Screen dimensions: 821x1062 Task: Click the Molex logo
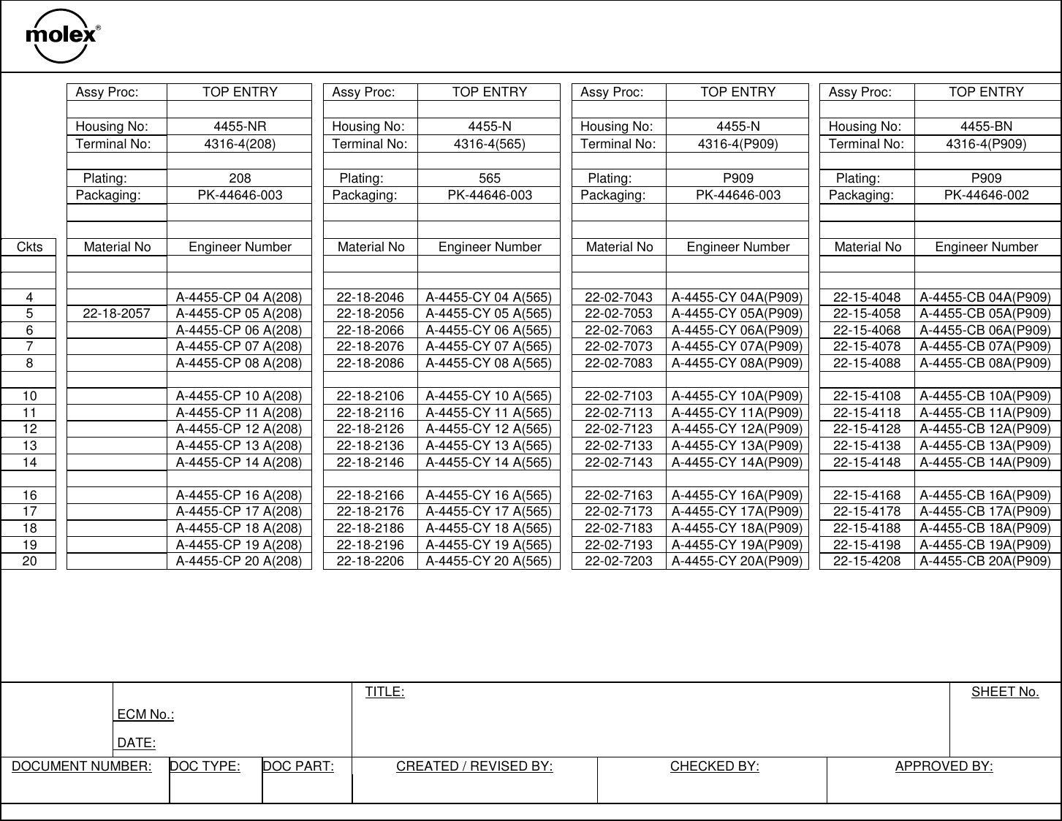pyautogui.click(x=62, y=36)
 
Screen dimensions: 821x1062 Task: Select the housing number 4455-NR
pyautogui.click(x=240, y=126)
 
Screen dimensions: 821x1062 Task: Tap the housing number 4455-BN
pyautogui.click(x=986, y=126)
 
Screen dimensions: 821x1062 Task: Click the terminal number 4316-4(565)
pyautogui.click(x=490, y=144)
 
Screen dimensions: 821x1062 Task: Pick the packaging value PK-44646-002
pyautogui.click(x=986, y=195)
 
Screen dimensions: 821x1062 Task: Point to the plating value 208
pyautogui.click(x=240, y=178)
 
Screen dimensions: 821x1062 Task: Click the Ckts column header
pyautogui.click(x=29, y=247)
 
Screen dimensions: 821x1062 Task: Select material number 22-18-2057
pyautogui.click(x=117, y=313)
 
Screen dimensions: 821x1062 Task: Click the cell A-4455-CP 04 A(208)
pyautogui.click(x=240, y=297)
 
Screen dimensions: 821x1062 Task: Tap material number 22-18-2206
pyautogui.click(x=370, y=561)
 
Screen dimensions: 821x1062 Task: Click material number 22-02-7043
pyautogui.click(x=619, y=297)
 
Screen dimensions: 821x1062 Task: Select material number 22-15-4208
pyautogui.click(x=867, y=561)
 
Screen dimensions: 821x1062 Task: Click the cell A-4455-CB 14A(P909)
pyautogui.click(x=985, y=462)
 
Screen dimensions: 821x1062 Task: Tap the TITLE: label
pyautogui.click(x=384, y=692)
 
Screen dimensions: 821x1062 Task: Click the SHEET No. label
pyautogui.click(x=1004, y=692)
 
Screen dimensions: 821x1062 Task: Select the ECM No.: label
pyautogui.click(x=145, y=714)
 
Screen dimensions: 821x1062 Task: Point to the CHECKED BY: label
pyautogui.click(x=714, y=766)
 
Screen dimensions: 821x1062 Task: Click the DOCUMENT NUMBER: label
pyautogui.click(x=82, y=766)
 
